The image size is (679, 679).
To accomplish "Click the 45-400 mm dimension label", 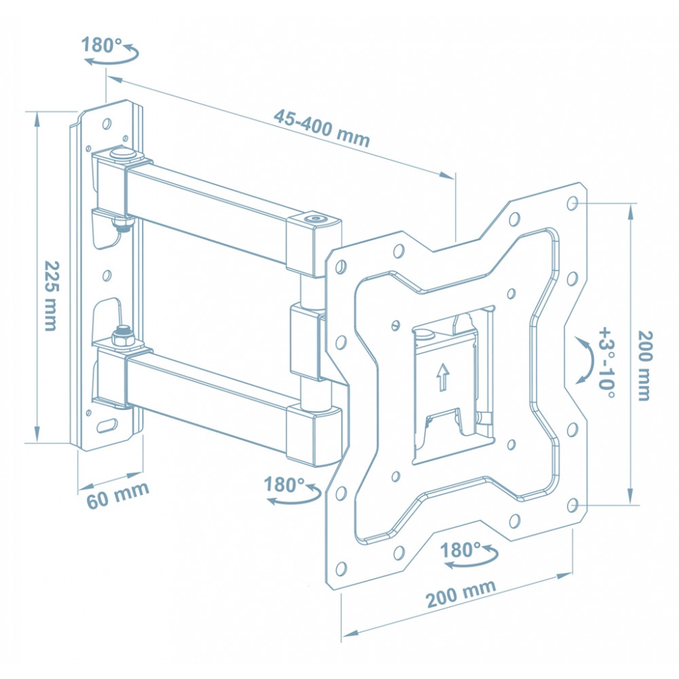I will tap(322, 128).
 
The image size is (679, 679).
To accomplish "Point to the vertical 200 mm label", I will tap(644, 365).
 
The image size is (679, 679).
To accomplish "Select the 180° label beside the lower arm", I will tap(284, 485).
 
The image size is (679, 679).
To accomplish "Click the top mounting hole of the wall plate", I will tap(107, 124).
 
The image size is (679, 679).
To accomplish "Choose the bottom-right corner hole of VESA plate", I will tap(572, 504).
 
